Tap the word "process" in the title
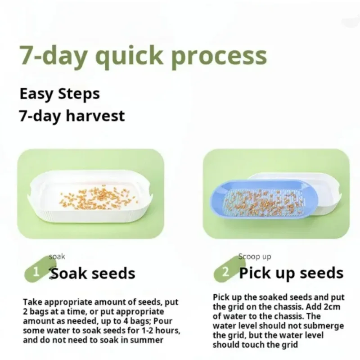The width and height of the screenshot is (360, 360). pyautogui.click(x=219, y=57)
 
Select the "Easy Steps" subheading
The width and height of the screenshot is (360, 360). pyautogui.click(x=59, y=94)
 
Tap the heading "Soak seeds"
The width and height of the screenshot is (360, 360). pyautogui.click(x=93, y=273)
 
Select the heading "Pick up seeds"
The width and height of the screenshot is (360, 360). pyautogui.click(x=291, y=273)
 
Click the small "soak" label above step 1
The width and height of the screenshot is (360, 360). pyautogui.click(x=57, y=256)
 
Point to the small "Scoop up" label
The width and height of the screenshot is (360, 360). pyautogui.click(x=255, y=256)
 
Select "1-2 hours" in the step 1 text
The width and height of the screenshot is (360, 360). pyautogui.click(x=153, y=331)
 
